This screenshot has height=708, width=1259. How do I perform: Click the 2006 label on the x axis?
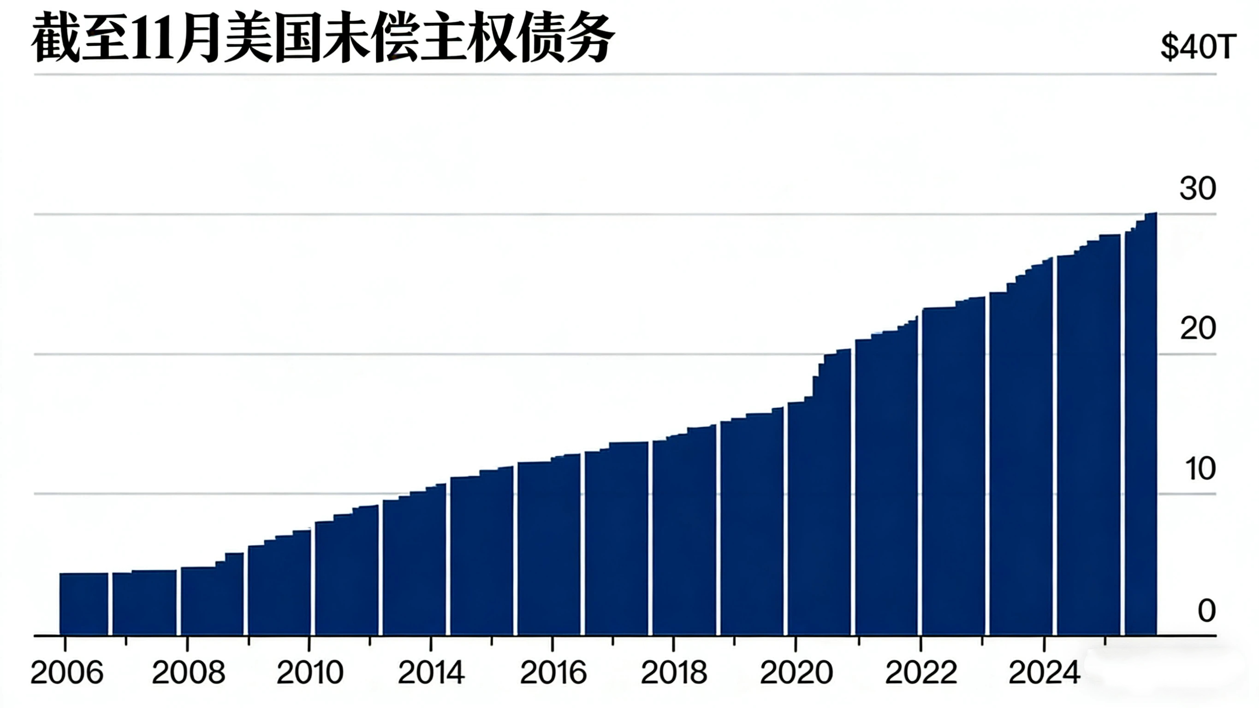point(67,673)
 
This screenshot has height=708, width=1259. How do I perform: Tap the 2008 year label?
point(189,673)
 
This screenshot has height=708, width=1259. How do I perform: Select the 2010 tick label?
point(310,673)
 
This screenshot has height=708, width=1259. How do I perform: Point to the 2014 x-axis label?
point(431,673)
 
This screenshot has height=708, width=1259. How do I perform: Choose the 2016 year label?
point(553,673)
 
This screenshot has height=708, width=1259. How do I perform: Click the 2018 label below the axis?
point(674,673)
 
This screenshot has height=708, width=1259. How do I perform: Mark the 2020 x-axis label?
point(796,673)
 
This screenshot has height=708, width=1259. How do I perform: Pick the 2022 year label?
point(921,673)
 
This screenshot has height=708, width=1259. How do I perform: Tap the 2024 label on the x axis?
point(1045,673)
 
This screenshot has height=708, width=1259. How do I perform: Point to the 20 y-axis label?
point(1197,328)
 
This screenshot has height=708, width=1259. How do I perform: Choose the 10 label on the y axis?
point(1200,469)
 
